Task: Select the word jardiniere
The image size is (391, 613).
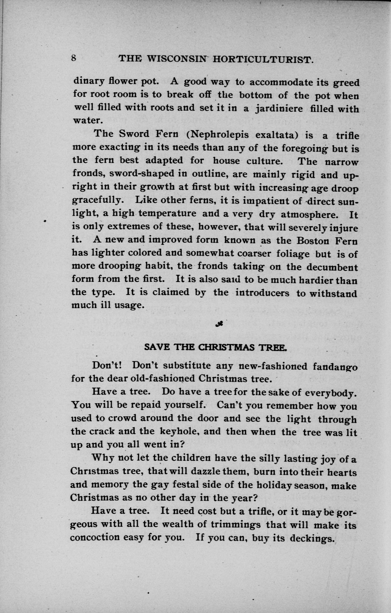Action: [279, 109]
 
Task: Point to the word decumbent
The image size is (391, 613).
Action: [332, 267]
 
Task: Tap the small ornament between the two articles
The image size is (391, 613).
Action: [219, 324]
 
